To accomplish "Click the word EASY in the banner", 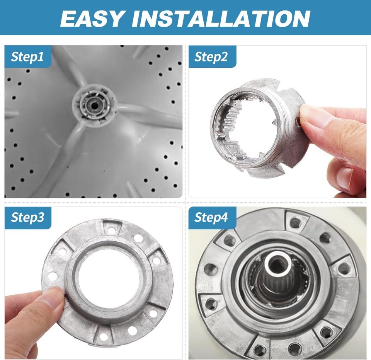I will pos(92,18).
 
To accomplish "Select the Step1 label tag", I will pos(27,57).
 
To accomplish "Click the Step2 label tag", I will pos(211,57).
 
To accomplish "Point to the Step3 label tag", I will pos(27,218).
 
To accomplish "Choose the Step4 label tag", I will pos(211,218).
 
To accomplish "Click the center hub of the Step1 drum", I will pos(93,104).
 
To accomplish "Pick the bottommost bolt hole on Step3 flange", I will pos(104,336).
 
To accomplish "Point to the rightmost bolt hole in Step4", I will pos(344,269).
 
